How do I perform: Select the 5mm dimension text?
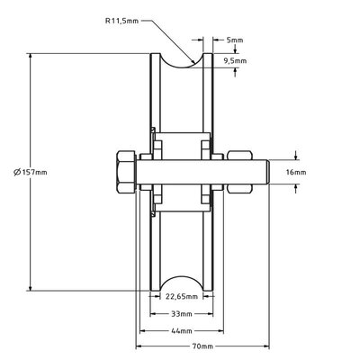[235, 40]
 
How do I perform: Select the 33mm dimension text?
[181, 315]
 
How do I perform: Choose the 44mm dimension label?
[181, 330]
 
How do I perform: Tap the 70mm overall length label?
[203, 346]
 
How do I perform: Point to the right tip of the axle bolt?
[266, 171]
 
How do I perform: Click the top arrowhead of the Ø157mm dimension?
[32, 56]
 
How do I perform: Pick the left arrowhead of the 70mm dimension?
[139, 346]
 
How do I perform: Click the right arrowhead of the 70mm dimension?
[267, 346]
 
